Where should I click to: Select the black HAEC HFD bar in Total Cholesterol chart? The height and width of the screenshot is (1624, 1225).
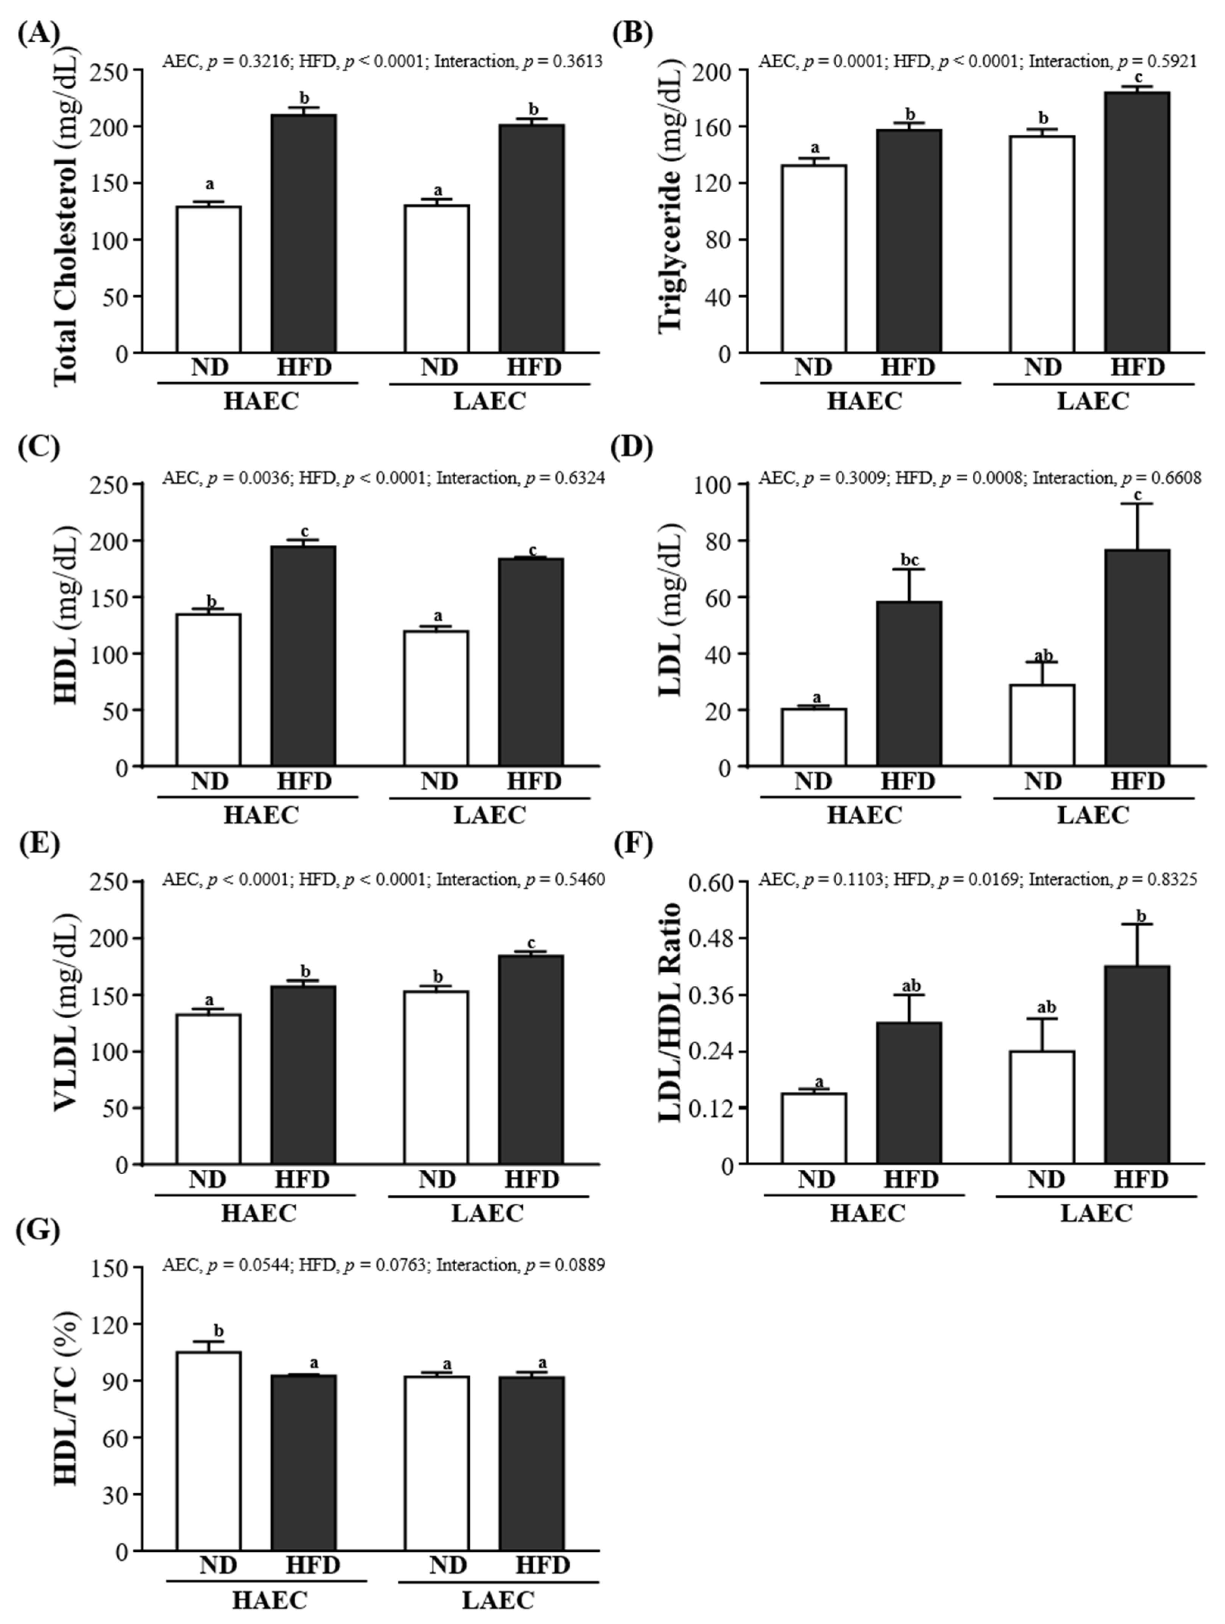pyautogui.click(x=303, y=234)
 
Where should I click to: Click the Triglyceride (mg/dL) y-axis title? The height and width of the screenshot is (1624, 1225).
pyautogui.click(x=670, y=212)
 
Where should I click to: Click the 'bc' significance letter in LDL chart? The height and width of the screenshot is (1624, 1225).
pyautogui.click(x=909, y=561)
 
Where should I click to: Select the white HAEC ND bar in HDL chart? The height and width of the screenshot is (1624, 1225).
pyautogui.click(x=209, y=690)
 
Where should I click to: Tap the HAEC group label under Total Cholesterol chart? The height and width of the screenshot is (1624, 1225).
pyautogui.click(x=261, y=401)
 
